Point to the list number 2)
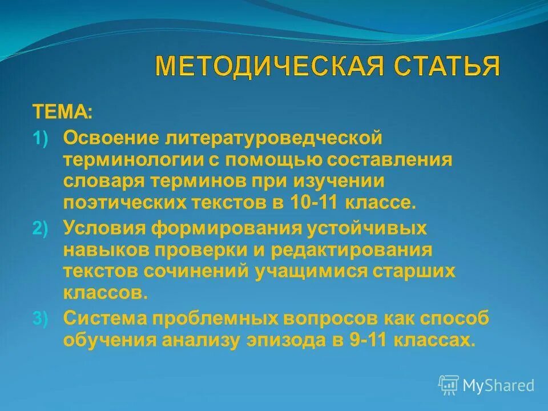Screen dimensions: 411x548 click(x=41, y=228)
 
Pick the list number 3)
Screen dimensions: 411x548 click(x=41, y=319)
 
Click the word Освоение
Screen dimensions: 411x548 click(x=112, y=138)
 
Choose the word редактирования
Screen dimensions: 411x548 click(x=352, y=249)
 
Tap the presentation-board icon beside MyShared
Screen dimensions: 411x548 click(x=449, y=385)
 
